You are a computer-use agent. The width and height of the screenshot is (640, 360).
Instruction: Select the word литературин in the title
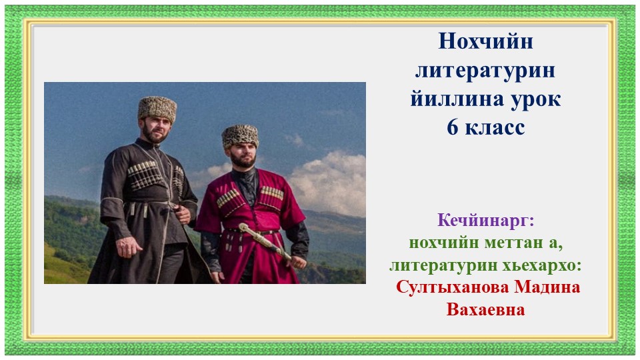[x=485, y=71]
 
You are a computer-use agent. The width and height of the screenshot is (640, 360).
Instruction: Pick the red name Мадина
[x=549, y=287]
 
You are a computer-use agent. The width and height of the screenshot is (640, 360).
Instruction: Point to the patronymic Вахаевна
[x=486, y=310]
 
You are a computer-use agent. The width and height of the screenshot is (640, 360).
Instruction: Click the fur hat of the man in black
[x=157, y=108]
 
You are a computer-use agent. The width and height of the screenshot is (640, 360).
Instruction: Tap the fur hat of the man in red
[x=239, y=136]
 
